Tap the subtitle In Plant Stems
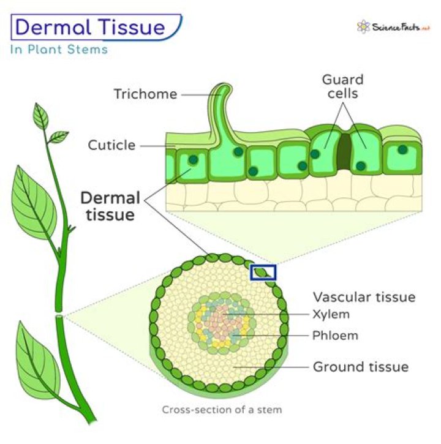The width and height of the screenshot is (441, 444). coord(59,50)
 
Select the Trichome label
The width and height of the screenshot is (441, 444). coord(145,94)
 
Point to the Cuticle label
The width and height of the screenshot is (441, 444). coord(111,145)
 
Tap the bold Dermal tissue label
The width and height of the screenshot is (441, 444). coord(111,206)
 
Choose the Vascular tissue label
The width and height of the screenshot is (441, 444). coord(364,297)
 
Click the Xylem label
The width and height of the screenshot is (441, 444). coord(331,315)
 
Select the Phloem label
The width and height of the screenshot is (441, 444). coord(335,336)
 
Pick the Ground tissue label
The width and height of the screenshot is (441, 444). coord(360,367)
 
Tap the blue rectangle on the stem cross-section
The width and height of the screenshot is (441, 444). coord(264,273)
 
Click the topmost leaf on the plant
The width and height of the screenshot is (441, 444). coord(41,116)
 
